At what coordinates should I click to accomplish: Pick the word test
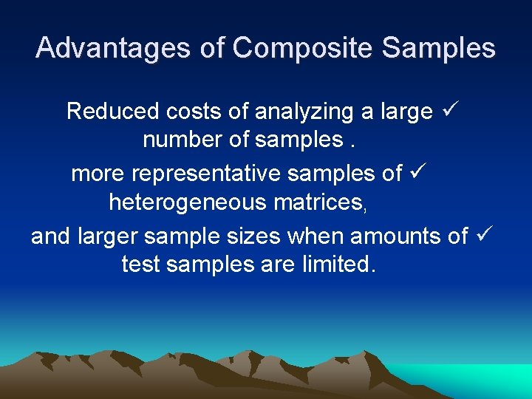coord(141,264)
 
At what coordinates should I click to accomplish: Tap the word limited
coord(339,264)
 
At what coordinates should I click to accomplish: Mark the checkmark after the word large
coord(451,111)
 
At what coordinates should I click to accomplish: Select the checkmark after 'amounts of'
coord(484,236)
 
